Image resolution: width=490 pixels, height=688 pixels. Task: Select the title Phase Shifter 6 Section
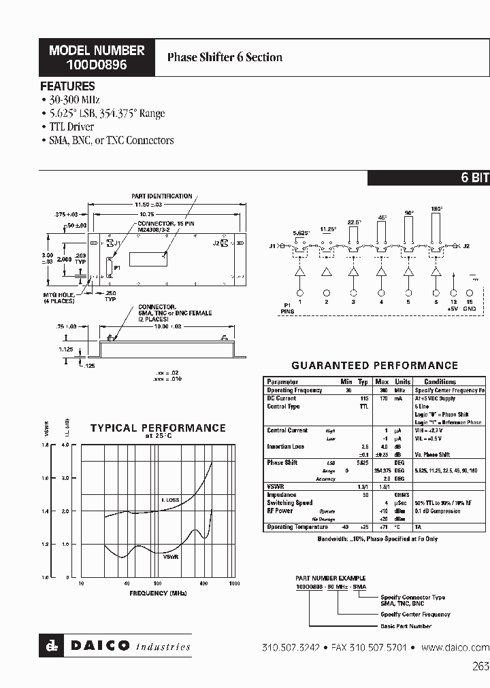225,58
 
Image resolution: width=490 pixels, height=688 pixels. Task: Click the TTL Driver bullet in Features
71,127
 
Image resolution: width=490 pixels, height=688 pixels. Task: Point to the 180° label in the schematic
436,209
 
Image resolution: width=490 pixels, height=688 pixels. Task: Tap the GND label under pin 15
470,308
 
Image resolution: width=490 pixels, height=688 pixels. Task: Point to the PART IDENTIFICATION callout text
161,196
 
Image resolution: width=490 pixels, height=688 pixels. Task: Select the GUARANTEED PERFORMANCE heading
374,366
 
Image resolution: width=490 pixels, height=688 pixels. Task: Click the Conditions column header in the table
440,382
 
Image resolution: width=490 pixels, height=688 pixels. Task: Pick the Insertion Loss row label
285,447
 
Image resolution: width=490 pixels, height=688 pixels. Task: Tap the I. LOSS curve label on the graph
170,500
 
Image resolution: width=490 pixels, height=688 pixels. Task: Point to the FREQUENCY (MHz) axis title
157,594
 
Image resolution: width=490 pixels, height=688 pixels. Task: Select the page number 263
480,667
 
